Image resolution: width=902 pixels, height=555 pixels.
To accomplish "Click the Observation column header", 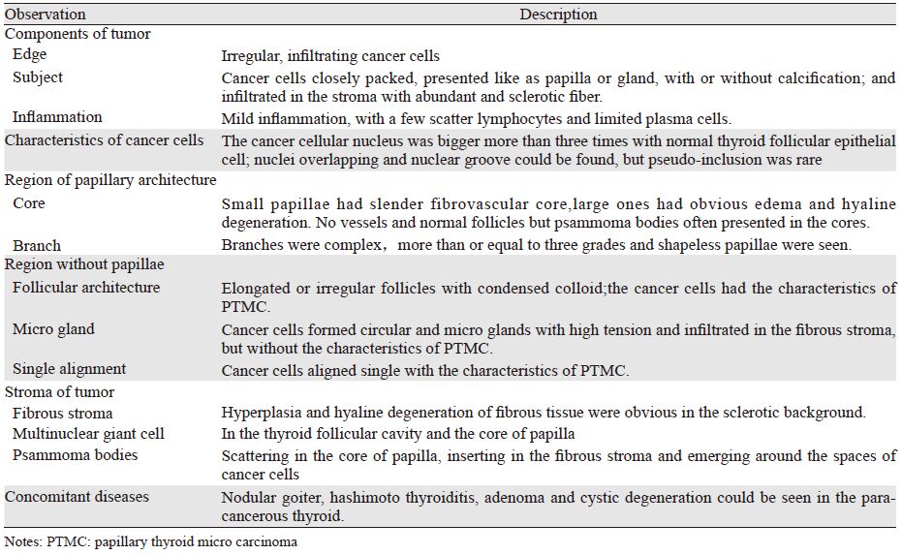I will click(x=46, y=15).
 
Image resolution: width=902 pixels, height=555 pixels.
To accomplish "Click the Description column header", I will click(x=558, y=15).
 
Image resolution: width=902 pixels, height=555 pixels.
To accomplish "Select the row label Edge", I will click(x=29, y=55).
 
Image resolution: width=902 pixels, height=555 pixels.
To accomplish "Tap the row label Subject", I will click(x=38, y=77).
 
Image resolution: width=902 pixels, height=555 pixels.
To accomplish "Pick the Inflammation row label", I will click(x=57, y=118).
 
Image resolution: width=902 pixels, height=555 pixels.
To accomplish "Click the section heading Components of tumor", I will click(x=78, y=34).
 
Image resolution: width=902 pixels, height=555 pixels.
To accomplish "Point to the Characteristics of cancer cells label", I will click(x=105, y=140).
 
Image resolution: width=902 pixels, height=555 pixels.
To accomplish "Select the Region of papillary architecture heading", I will click(x=110, y=180).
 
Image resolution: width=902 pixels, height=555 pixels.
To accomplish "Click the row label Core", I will click(x=29, y=203).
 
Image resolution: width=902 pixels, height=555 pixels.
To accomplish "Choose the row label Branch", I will click(x=37, y=245).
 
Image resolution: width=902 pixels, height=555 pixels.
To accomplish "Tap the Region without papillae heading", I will click(x=84, y=264).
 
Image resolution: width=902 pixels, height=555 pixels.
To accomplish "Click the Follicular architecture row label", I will click(x=86, y=288).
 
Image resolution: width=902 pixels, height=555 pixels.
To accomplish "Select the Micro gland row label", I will click(x=54, y=329).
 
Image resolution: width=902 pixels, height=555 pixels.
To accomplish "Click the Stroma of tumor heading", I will click(x=60, y=392).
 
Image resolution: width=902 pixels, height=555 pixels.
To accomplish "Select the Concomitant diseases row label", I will click(x=77, y=497).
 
